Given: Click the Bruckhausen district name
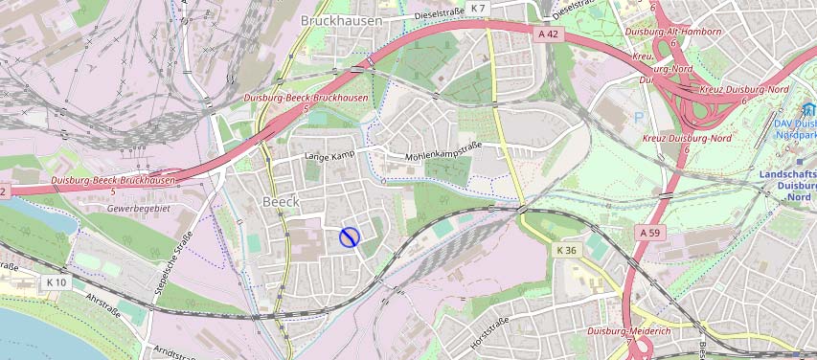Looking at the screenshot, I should pyautogui.click(x=341, y=20).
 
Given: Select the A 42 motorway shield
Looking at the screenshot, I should pyautogui.click(x=548, y=33).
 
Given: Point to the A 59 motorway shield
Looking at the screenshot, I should pyautogui.click(x=650, y=233).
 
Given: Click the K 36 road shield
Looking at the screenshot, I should pyautogui.click(x=568, y=250).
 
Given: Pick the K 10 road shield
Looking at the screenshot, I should pyautogui.click(x=56, y=282).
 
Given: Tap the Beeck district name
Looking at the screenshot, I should pyautogui.click(x=281, y=202).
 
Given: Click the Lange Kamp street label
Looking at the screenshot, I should pyautogui.click(x=329, y=155).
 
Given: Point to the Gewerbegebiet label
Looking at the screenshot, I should pyautogui.click(x=138, y=208).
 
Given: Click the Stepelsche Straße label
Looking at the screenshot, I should pyautogui.click(x=173, y=262).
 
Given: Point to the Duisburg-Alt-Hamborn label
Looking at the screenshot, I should pyautogui.click(x=672, y=32).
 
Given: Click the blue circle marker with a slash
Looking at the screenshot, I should pyautogui.click(x=350, y=236).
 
